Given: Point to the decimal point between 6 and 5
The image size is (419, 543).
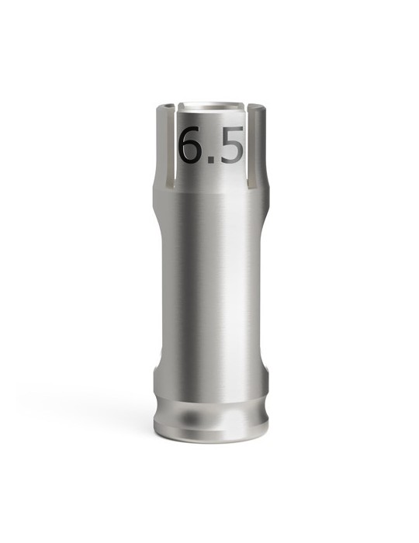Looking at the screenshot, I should click(x=211, y=159).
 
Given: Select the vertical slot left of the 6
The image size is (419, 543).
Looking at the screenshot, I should click(x=172, y=147).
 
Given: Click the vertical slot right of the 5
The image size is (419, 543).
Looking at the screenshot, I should click(x=250, y=147).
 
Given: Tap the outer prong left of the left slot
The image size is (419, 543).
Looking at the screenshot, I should click(x=163, y=144).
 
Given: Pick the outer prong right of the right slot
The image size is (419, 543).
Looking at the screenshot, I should click(x=259, y=144).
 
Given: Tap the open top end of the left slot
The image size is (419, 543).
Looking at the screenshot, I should click(x=172, y=107).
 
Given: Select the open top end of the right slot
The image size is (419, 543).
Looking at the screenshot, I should click(x=250, y=107).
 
